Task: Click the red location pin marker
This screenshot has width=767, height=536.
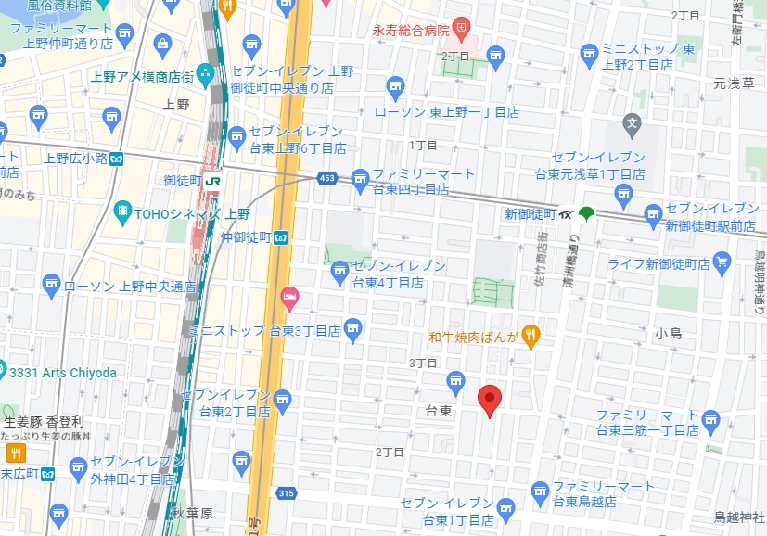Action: click(x=490, y=399)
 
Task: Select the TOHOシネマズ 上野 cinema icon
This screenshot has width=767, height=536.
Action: click(x=122, y=212)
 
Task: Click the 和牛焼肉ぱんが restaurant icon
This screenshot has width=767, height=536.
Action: click(x=531, y=336)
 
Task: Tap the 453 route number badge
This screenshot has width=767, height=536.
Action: click(x=326, y=178)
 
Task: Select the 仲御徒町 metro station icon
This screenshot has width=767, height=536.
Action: click(x=280, y=237)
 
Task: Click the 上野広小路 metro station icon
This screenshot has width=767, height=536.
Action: click(x=117, y=159)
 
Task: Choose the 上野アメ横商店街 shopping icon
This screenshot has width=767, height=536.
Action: click(x=205, y=74)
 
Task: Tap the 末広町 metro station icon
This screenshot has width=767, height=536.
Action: click(x=47, y=474)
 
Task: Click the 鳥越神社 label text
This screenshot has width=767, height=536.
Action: click(x=738, y=517)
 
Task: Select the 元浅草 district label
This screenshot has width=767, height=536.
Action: click(x=733, y=83)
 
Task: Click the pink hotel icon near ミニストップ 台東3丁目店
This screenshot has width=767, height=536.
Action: click(x=289, y=299)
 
